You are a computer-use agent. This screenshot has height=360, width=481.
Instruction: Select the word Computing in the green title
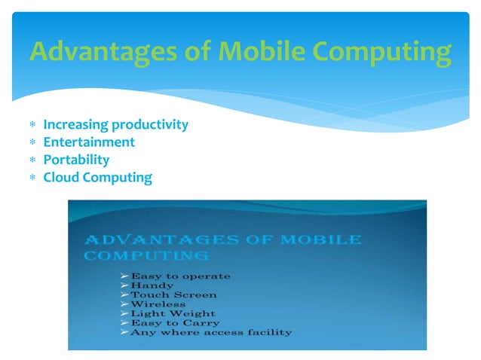coord(384,52)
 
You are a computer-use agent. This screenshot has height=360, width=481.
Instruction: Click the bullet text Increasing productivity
coord(115,124)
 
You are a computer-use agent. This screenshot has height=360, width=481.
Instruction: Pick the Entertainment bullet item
coord(89,142)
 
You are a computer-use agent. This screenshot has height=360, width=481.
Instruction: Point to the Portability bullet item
coord(76,160)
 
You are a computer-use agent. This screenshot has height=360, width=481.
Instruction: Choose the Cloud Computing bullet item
coord(97,178)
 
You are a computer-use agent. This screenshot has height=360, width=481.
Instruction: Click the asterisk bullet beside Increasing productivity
coord(32,125)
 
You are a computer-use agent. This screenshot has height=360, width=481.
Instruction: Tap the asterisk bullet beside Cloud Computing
coord(32,178)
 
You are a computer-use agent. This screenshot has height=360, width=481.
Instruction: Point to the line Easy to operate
coord(180,276)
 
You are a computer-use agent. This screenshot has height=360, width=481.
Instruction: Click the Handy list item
coord(152,286)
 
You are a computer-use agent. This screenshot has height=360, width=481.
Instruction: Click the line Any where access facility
coord(210,332)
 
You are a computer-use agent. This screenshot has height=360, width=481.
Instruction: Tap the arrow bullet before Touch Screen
coord(125,295)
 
